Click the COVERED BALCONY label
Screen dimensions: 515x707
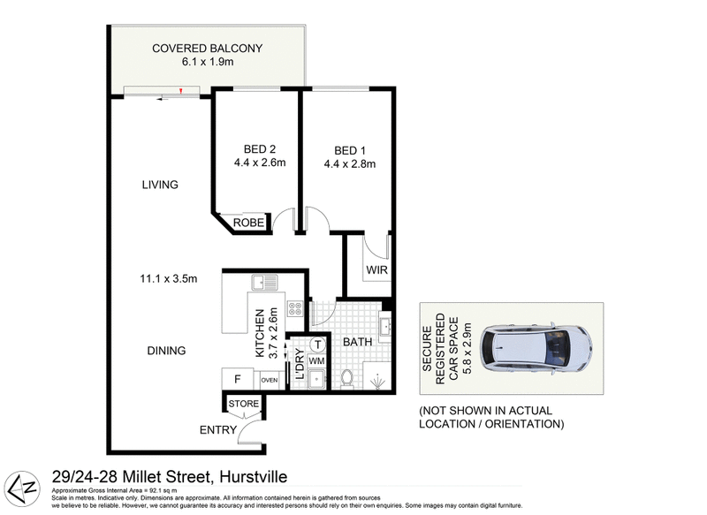click(x=208, y=49)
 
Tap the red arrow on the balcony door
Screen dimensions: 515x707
click(x=181, y=90)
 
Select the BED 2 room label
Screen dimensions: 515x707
click(x=254, y=148)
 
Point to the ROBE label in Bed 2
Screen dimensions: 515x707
click(x=248, y=223)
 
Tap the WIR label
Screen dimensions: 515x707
click(x=376, y=269)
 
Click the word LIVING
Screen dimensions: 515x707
click(x=160, y=185)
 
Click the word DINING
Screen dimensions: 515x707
click(x=166, y=351)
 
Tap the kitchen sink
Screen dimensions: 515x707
click(x=263, y=284)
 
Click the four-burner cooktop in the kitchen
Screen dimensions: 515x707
click(x=296, y=309)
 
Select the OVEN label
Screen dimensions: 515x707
click(x=270, y=380)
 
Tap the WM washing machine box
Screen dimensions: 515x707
click(x=316, y=362)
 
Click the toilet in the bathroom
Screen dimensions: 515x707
click(x=347, y=378)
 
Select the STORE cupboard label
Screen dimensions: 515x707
click(x=244, y=405)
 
